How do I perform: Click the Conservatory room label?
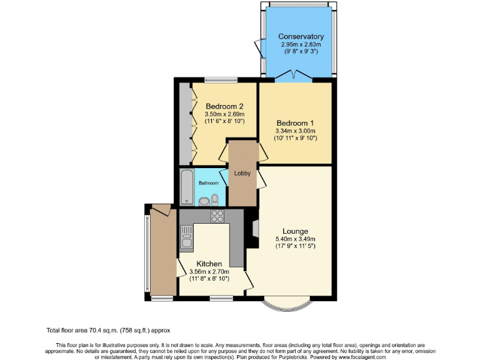[x=301, y=36]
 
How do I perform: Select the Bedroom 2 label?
[x=224, y=106]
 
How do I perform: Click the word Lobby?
[x=242, y=173]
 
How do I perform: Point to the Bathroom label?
[x=209, y=183]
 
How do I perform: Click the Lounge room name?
[x=295, y=231]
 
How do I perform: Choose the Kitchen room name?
[x=209, y=264]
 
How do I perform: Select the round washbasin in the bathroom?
[x=204, y=201]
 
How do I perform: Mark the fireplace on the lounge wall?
[x=255, y=227]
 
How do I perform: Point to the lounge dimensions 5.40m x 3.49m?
[x=296, y=239]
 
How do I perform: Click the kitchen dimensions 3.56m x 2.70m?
[x=209, y=272]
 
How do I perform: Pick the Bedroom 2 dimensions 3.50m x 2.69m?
[x=224, y=114]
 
